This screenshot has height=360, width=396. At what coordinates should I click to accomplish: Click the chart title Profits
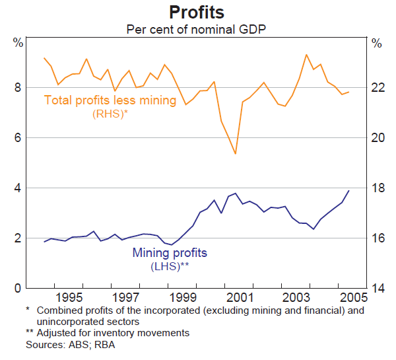click(197, 13)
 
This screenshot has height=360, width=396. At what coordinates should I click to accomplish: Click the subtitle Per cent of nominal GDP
click(197, 29)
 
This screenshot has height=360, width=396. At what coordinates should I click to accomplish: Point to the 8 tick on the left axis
click(18, 88)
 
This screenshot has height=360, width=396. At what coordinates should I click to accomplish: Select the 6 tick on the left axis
click(18, 138)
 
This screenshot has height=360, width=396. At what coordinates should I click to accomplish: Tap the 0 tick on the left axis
click(18, 288)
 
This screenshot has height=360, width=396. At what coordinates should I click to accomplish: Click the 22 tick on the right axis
click(376, 88)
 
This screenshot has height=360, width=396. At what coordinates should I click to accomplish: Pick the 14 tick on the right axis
click(376, 288)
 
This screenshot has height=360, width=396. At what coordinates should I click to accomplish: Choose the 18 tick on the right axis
click(376, 188)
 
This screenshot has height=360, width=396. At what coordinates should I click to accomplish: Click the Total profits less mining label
click(110, 100)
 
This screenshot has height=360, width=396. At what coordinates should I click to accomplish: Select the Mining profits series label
click(170, 252)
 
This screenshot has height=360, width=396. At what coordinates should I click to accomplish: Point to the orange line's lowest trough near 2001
click(235, 154)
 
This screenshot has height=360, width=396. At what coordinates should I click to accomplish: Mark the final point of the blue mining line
click(348, 191)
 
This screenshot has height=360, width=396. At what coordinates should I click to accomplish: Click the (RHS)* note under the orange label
click(110, 114)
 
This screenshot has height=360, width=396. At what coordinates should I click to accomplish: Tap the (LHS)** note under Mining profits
click(170, 266)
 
